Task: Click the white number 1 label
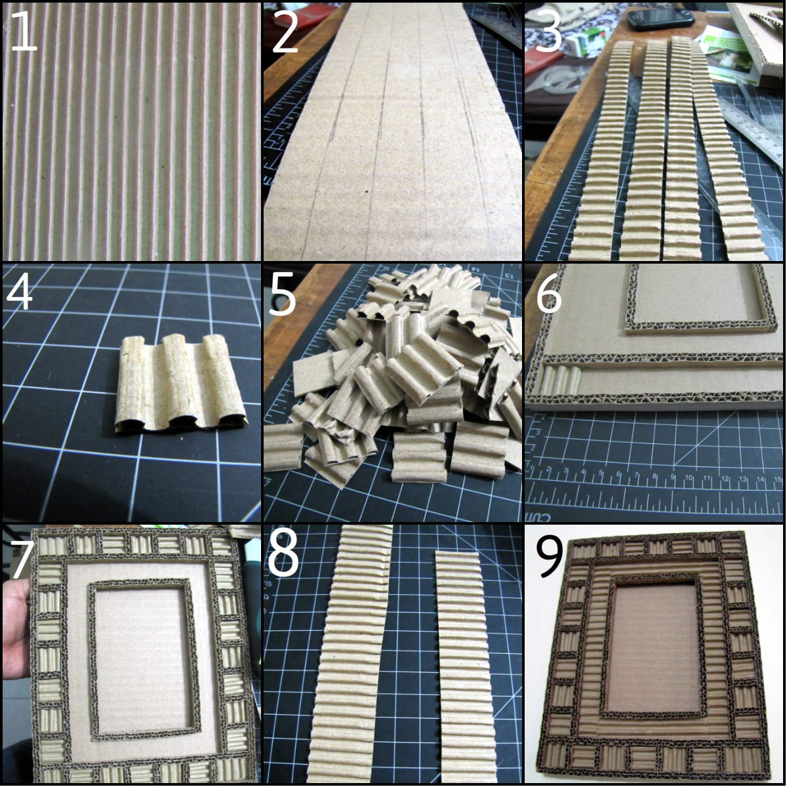pyautogui.click(x=24, y=31)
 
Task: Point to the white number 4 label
pyautogui.click(x=20, y=292)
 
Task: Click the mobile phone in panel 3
pyautogui.click(x=660, y=18)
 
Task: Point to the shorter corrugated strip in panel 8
pyautogui.click(x=467, y=662)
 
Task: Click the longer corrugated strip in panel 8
pyautogui.click(x=354, y=656)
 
